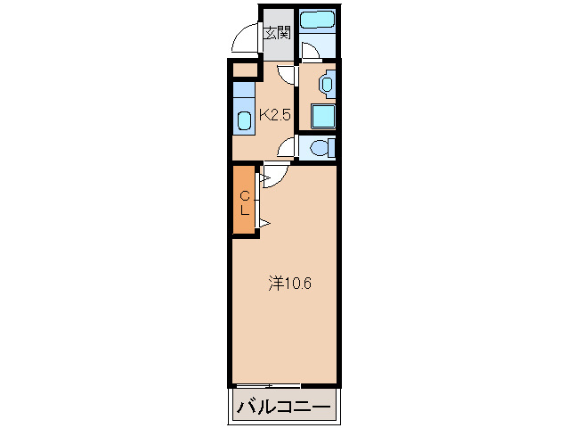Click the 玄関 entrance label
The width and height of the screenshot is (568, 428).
point(278,34)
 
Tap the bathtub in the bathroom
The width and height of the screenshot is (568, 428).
point(317,20)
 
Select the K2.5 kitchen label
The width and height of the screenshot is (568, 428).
point(275,115)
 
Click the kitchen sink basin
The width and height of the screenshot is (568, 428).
point(244,120)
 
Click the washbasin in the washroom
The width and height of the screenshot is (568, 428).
point(327,84)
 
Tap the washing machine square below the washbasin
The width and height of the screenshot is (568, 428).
point(323,117)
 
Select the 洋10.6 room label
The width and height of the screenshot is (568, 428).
point(290,284)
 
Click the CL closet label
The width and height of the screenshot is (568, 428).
point(245,203)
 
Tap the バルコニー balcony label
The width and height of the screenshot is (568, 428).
point(284,407)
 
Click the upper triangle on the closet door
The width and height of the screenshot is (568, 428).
point(265,178)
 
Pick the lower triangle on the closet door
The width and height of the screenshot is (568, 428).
point(265,223)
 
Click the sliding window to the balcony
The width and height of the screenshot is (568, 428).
point(266,385)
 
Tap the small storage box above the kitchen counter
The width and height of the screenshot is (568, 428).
point(245,70)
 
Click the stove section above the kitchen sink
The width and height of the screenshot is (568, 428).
point(243,90)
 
